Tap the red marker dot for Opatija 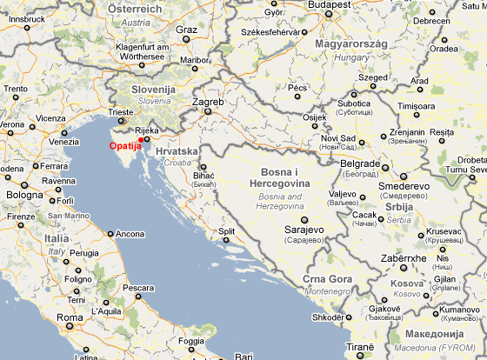[141, 141]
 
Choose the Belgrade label [360, 163]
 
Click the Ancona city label [130, 234]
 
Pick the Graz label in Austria [187, 30]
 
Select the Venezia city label [63, 142]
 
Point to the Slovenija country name [154, 89]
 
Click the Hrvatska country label [177, 150]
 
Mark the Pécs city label [298, 88]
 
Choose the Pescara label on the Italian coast [138, 287]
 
